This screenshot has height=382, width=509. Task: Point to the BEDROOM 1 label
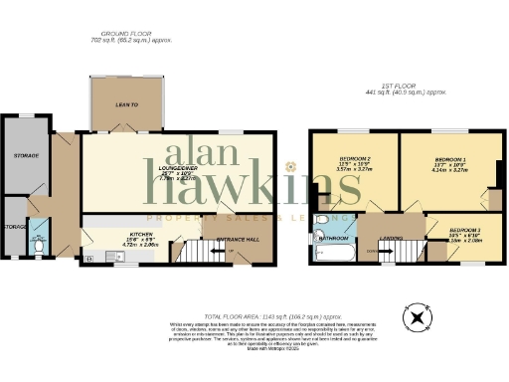(x=450, y=159)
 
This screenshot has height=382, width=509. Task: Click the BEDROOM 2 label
(x=355, y=159)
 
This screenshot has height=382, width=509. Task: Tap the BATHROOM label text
(x=333, y=239)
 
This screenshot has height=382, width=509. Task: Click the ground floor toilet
(x=38, y=239)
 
